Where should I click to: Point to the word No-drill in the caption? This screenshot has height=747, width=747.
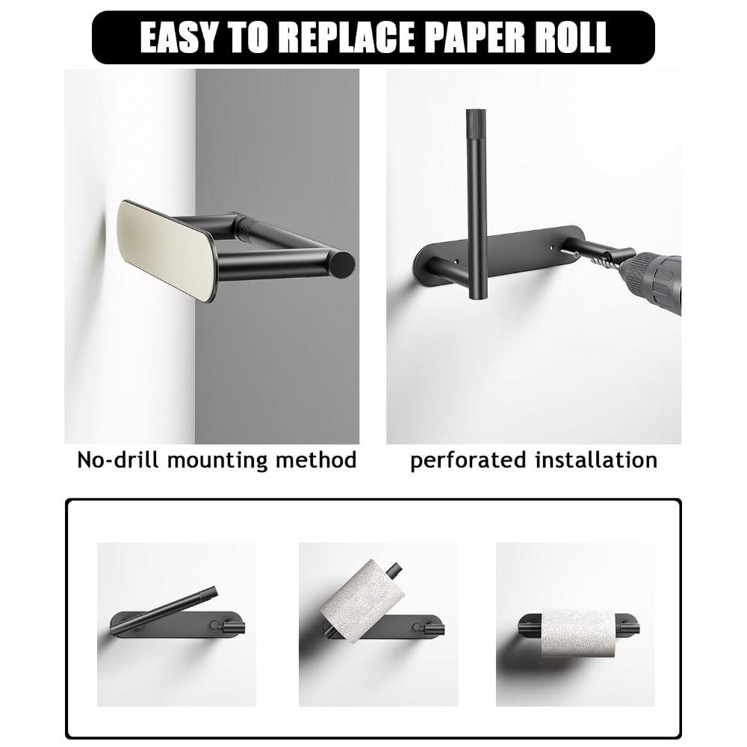point(118,459)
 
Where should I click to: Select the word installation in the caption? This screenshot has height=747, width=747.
point(596,459)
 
